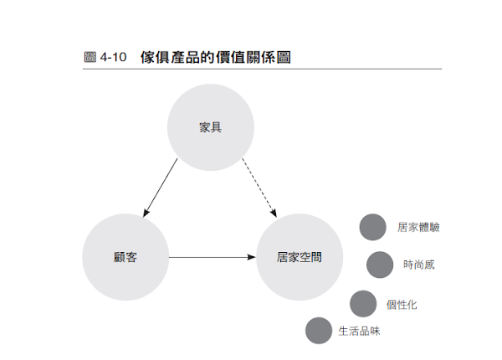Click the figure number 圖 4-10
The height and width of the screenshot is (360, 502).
[105, 58]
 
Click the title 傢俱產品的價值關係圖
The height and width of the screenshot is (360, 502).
[215, 58]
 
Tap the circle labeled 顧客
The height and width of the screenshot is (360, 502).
[125, 257]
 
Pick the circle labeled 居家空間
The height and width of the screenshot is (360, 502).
[298, 257]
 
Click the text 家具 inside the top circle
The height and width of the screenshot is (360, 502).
[210, 127]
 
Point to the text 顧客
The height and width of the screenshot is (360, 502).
[125, 257]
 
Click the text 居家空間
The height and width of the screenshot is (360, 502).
[298, 257]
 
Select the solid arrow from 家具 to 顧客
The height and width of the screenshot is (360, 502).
[161, 186]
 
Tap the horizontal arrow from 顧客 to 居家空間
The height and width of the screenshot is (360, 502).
[211, 257]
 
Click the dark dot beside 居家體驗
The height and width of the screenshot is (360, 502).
[372, 227]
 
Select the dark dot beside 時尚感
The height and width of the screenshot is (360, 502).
[380, 265]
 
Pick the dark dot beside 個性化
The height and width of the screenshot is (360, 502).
[363, 304]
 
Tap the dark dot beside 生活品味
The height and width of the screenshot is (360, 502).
[319, 331]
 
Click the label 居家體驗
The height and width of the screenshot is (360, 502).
[418, 227]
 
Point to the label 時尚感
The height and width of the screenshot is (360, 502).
[418, 265]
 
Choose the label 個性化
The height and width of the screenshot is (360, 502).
[402, 304]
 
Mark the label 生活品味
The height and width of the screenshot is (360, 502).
[359, 331]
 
